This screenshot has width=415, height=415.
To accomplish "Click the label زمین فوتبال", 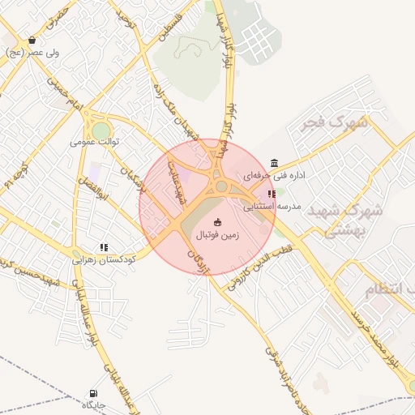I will point(216,235).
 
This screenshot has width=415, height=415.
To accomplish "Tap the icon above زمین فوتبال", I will point(216,222).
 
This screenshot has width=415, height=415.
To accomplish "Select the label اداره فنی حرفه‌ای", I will point(266,175).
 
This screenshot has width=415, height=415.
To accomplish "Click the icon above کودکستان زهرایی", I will point(104,247).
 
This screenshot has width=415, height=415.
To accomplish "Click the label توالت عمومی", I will point(95,142).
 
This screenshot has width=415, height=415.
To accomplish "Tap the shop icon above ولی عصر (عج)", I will point(32,40).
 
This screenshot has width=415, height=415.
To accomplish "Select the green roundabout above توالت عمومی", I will point(101,130).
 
